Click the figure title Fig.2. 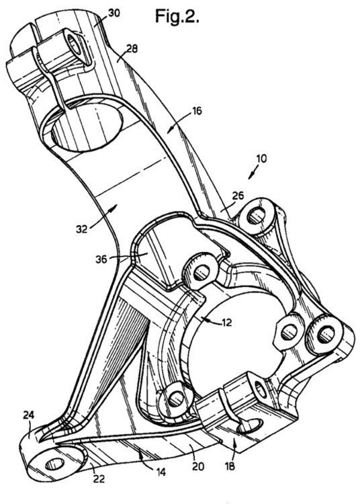tap(177, 16)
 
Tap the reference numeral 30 tap(114, 13)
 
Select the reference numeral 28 tap(132, 48)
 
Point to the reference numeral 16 tap(197, 111)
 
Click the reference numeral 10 tap(262, 159)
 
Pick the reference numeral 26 tap(238, 196)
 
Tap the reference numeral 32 tap(82, 229)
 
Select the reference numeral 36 tap(101, 259)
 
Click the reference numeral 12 tap(226, 323)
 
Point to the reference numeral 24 tap(29, 415)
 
